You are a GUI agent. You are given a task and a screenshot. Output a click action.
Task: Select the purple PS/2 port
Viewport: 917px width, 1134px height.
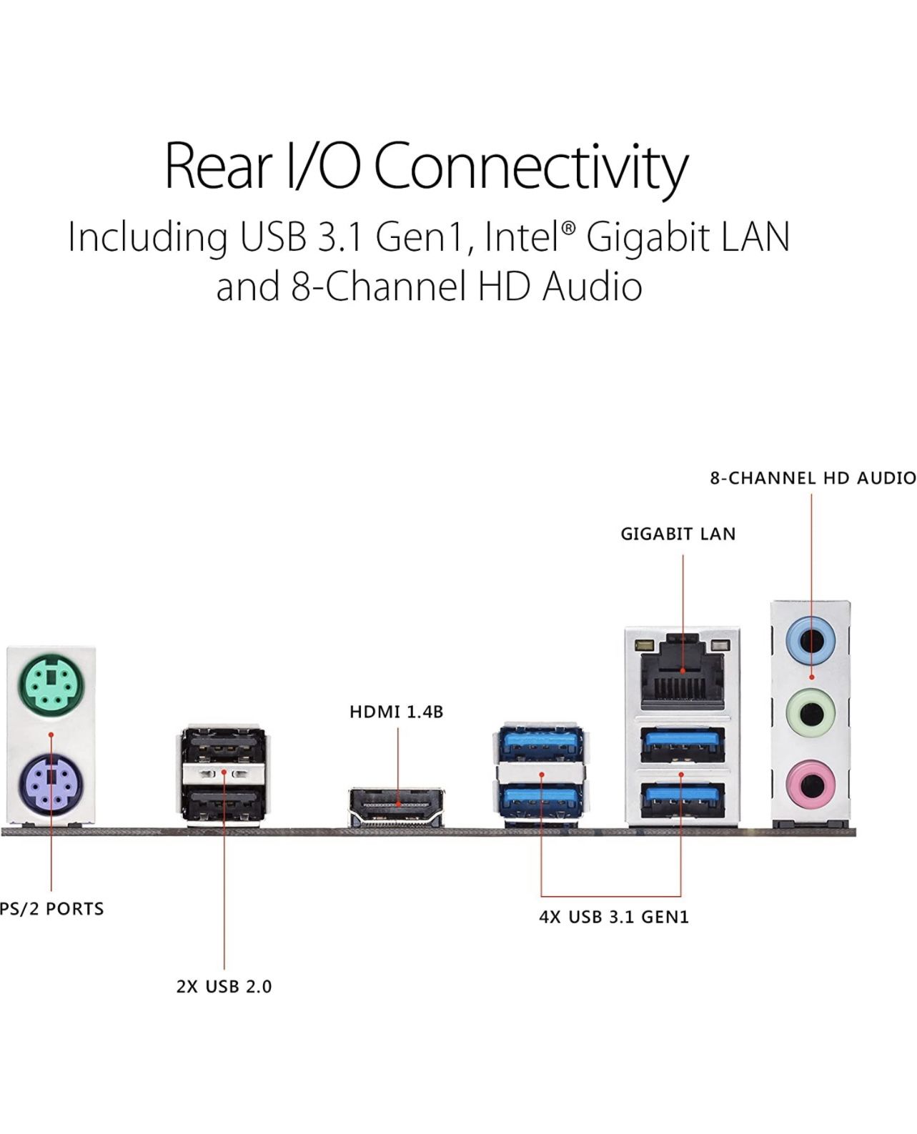click(49, 785)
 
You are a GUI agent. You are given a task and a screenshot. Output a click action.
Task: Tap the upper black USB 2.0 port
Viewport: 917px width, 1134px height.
click(224, 746)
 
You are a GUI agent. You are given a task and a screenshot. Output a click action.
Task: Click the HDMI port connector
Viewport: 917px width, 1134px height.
click(397, 807)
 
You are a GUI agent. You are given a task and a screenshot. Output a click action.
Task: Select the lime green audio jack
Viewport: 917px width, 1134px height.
click(811, 711)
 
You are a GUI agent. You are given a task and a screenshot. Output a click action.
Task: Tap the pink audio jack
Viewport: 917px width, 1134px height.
click(811, 783)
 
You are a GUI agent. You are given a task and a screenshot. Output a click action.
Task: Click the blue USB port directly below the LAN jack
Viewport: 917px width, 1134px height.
click(683, 745)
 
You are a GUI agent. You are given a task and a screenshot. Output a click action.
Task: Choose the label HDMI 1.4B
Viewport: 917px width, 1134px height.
click(396, 712)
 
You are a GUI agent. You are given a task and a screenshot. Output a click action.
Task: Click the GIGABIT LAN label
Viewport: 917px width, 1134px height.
click(678, 534)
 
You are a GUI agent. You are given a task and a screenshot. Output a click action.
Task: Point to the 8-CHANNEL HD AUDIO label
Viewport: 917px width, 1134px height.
click(813, 477)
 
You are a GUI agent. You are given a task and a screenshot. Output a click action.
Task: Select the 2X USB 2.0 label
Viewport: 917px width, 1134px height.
click(224, 987)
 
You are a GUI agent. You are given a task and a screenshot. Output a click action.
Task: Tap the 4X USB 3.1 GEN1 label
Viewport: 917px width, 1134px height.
click(613, 917)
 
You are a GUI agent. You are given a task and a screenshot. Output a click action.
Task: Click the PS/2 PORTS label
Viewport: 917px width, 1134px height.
click(52, 909)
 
